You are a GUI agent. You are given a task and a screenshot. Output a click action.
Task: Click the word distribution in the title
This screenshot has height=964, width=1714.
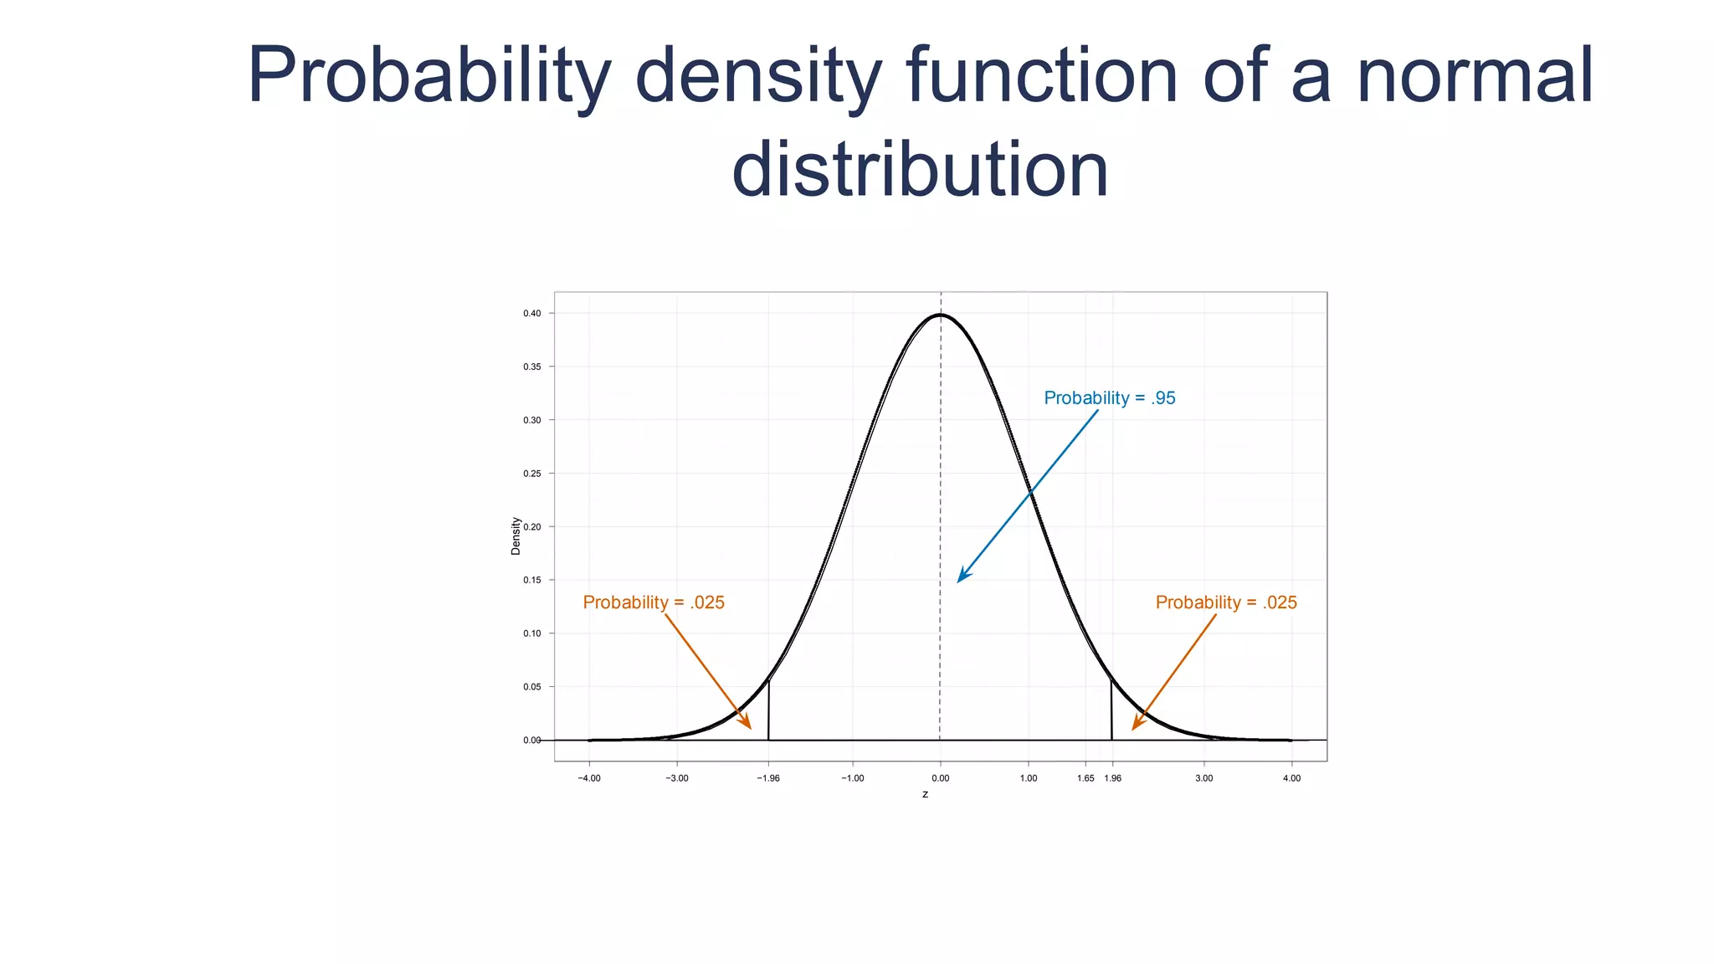[920, 170]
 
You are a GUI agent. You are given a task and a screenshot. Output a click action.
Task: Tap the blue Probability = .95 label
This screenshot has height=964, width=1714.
[1109, 398]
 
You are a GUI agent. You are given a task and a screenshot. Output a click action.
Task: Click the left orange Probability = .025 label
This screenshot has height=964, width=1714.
[654, 602]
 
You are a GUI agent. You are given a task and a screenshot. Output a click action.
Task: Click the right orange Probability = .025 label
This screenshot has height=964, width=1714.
[1225, 602]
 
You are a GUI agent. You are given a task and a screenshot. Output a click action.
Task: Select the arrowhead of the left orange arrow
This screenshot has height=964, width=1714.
[747, 724]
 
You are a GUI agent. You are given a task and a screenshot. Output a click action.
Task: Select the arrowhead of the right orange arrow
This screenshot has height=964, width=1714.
[1137, 725]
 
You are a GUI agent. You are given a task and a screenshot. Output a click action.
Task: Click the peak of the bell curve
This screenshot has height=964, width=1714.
[941, 315]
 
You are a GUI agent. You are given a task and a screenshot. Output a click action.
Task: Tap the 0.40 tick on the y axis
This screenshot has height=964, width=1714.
[532, 314]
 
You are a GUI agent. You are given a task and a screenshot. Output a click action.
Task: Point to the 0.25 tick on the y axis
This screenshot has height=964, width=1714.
[532, 474]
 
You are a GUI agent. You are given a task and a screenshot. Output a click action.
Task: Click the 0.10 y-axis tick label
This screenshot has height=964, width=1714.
[532, 633]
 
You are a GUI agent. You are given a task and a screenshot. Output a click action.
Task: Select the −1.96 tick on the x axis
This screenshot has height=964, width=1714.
[768, 778]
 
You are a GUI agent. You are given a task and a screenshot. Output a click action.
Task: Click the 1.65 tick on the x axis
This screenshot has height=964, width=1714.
[1085, 778]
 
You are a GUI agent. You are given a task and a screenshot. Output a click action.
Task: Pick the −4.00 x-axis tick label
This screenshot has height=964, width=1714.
[589, 778]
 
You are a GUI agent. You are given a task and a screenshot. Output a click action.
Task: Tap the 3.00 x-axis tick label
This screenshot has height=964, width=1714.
[1203, 778]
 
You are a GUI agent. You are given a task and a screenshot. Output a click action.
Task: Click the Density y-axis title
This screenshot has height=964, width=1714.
[516, 536]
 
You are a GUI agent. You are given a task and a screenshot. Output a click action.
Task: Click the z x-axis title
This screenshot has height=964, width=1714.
[925, 794]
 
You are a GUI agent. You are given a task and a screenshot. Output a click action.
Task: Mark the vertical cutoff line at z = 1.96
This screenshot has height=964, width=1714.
[1111, 711]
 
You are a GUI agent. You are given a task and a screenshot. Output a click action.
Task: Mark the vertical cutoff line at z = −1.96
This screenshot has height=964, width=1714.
[768, 711]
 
